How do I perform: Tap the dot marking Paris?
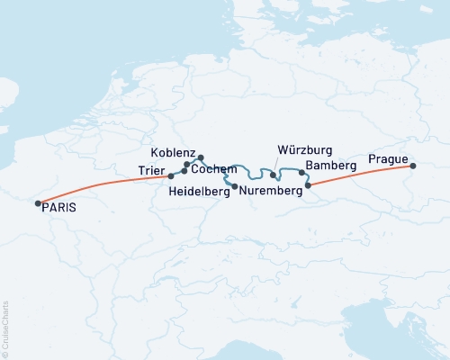[38, 204]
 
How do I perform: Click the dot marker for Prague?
[413, 166]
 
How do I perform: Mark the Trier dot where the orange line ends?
[171, 175]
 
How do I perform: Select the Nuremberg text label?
[271, 191]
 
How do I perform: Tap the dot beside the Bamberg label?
[301, 171]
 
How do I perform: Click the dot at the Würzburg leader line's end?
[273, 175]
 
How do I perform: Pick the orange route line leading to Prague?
[360, 175]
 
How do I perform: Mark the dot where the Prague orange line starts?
[309, 185]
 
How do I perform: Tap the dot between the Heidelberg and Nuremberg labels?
[235, 186]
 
